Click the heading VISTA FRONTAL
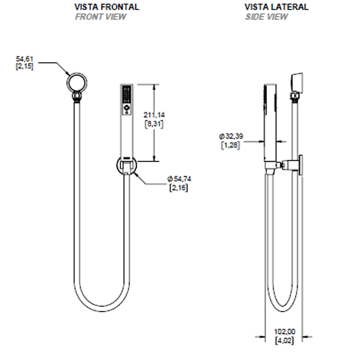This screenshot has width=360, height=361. (x=107, y=7)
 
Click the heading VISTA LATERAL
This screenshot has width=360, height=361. (x=276, y=7)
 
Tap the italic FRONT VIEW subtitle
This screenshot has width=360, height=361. (x=100, y=17)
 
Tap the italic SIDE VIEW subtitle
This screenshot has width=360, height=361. (x=266, y=17)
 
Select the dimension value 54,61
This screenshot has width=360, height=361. (x=25, y=59)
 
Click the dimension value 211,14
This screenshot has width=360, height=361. (x=154, y=115)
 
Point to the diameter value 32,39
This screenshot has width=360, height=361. (x=233, y=136)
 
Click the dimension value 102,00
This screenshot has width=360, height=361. (x=284, y=331)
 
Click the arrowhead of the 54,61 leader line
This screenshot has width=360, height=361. (x=69, y=74)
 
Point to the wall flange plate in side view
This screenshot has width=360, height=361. (x=301, y=164)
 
